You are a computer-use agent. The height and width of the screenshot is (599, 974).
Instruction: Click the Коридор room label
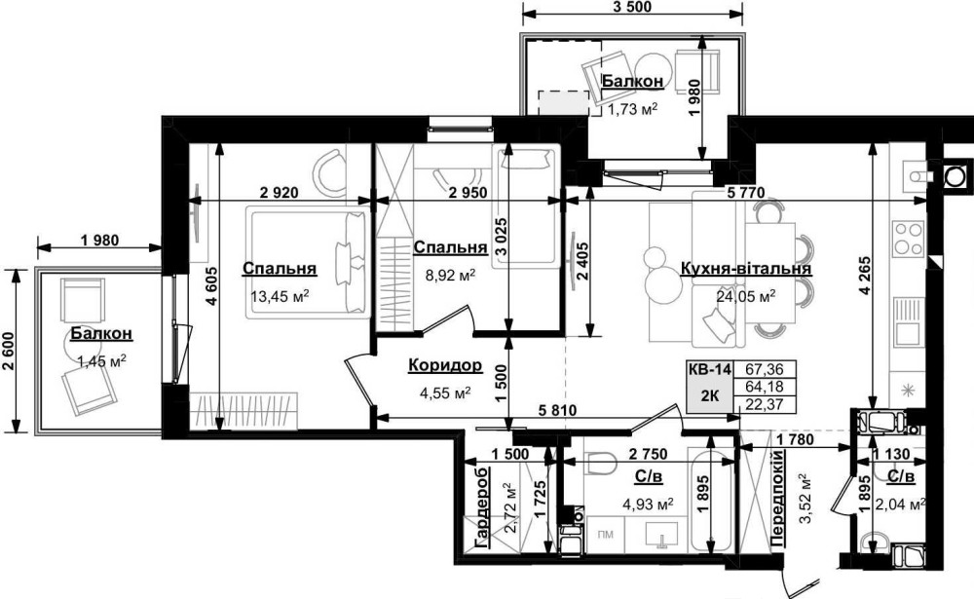pos(445,366)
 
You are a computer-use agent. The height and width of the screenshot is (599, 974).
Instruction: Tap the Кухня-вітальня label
pos(745,269)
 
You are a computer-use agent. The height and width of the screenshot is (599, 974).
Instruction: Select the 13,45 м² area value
pos(280,296)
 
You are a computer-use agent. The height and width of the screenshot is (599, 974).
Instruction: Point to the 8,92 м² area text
pos(450,275)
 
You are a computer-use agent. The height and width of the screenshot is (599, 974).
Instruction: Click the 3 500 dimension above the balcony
pos(632,8)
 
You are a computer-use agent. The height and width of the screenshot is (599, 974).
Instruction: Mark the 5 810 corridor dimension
pos(557,410)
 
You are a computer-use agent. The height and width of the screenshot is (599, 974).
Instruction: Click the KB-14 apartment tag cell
pos(709,369)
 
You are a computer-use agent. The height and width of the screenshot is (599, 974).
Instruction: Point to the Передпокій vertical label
pos(777,499)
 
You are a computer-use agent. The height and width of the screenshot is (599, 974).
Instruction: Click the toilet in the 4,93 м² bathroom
pos(600,464)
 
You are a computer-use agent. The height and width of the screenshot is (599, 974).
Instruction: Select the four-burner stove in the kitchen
pos(908,239)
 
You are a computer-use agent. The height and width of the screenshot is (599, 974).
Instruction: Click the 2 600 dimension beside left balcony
pos(8,350)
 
